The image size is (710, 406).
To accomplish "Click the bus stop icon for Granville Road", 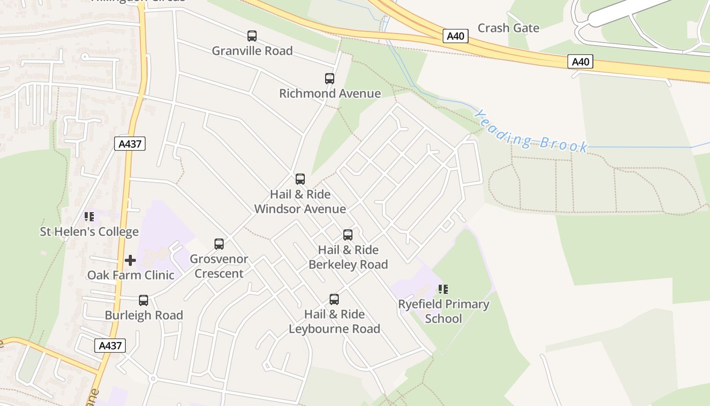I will tap(252, 36).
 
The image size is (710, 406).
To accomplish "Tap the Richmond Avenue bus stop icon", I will tap(330, 79).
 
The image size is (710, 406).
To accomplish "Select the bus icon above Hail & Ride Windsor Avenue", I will tap(300, 179).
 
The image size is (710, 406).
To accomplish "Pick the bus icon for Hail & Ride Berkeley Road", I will tap(348, 235).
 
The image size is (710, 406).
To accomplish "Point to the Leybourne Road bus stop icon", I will tap(334, 299).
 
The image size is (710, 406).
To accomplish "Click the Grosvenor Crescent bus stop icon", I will tap(219, 244).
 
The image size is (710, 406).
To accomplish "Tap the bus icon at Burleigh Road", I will tap(144, 300).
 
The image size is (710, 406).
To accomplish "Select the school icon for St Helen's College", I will tap(89, 217).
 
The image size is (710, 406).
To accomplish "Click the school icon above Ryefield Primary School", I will tap(443, 289).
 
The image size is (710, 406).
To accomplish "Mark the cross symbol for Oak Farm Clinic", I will tap(130, 260).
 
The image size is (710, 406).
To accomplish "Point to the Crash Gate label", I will tap(508, 28).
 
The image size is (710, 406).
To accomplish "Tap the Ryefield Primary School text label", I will tap(443, 312).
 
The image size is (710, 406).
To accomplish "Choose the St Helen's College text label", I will tap(89, 232).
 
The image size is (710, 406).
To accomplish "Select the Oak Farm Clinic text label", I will tap(131, 275).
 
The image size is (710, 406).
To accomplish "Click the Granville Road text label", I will tap(252, 51).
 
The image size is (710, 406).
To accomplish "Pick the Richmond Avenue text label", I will tap(330, 93).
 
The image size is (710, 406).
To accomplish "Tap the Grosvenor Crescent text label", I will tap(219, 266).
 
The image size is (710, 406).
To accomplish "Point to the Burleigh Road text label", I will tap(144, 315).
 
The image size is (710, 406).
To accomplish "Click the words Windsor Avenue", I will tap(300, 209).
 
